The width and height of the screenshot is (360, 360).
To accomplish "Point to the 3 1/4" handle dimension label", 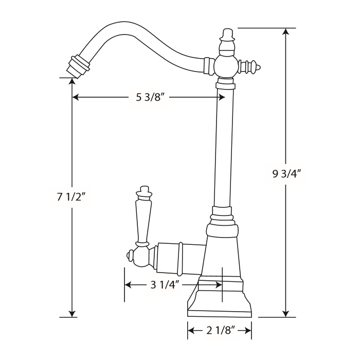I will pyautogui.click(x=164, y=285).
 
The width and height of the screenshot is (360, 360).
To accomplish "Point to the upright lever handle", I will pyautogui.click(x=143, y=216).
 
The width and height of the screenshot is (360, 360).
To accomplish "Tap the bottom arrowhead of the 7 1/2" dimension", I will pyautogui.click(x=72, y=313).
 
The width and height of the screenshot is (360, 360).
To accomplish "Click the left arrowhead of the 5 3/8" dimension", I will pyautogui.click(x=76, y=97).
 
